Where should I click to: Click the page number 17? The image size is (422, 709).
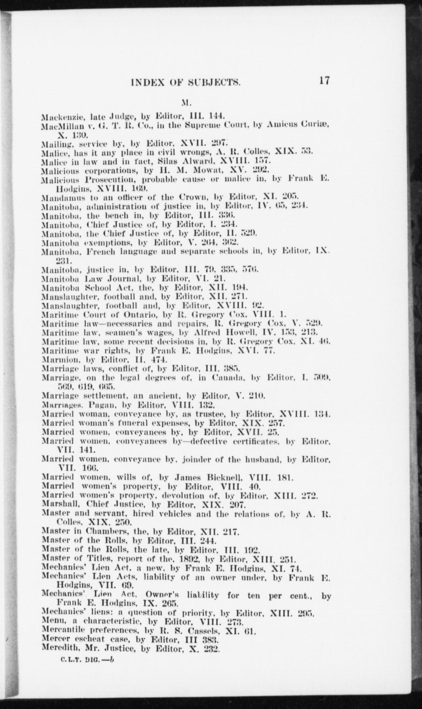click(324, 80)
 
